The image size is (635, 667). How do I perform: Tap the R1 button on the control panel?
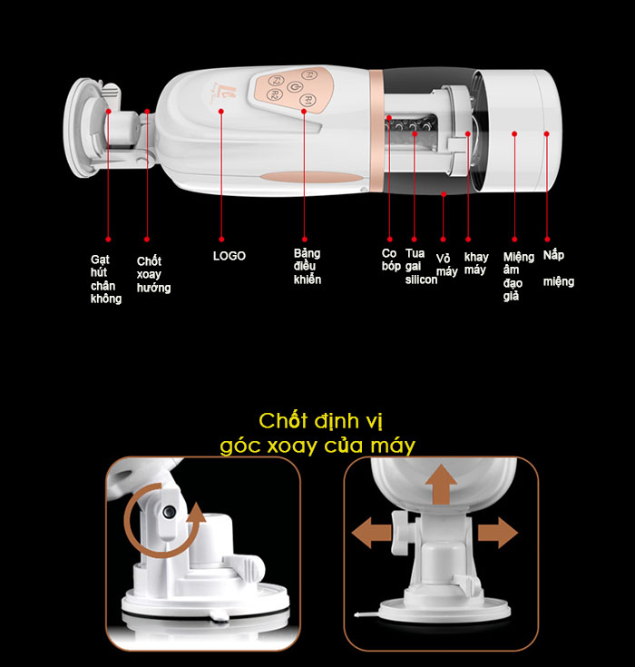(x=308, y=99)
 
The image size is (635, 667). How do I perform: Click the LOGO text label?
(x=230, y=256)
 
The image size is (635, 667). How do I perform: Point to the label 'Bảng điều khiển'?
(x=307, y=267)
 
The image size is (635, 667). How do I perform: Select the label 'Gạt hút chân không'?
(x=106, y=278)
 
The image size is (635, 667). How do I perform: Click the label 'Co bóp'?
(x=391, y=260)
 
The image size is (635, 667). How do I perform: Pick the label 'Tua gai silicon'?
(x=420, y=267)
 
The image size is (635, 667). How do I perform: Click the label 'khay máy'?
(x=475, y=263)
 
